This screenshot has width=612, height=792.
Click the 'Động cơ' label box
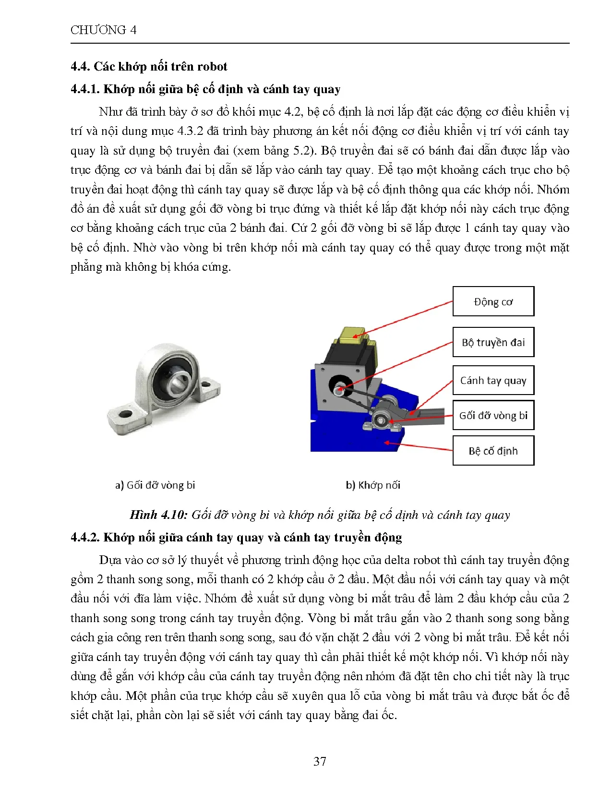coord(493,301)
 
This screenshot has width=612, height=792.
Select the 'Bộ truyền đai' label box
coord(493,342)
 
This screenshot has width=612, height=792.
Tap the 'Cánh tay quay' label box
coord(493,380)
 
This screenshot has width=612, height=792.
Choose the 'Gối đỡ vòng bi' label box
coord(493,415)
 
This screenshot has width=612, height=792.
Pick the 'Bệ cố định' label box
coord(493,451)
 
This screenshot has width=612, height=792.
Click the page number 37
coord(320,761)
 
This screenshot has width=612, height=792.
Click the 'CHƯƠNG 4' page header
coord(103,30)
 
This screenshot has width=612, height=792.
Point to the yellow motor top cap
coord(354,335)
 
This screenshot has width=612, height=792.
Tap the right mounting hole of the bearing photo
coord(207,384)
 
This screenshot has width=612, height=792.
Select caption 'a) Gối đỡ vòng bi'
coord(155,485)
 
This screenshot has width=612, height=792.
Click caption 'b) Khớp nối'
coord(373,485)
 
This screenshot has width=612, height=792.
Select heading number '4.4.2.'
coord(85,538)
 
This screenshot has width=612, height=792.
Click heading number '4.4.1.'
coord(85,89)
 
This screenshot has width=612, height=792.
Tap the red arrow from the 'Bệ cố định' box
coord(418,446)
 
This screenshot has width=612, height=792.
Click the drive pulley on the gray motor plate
coord(338,389)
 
